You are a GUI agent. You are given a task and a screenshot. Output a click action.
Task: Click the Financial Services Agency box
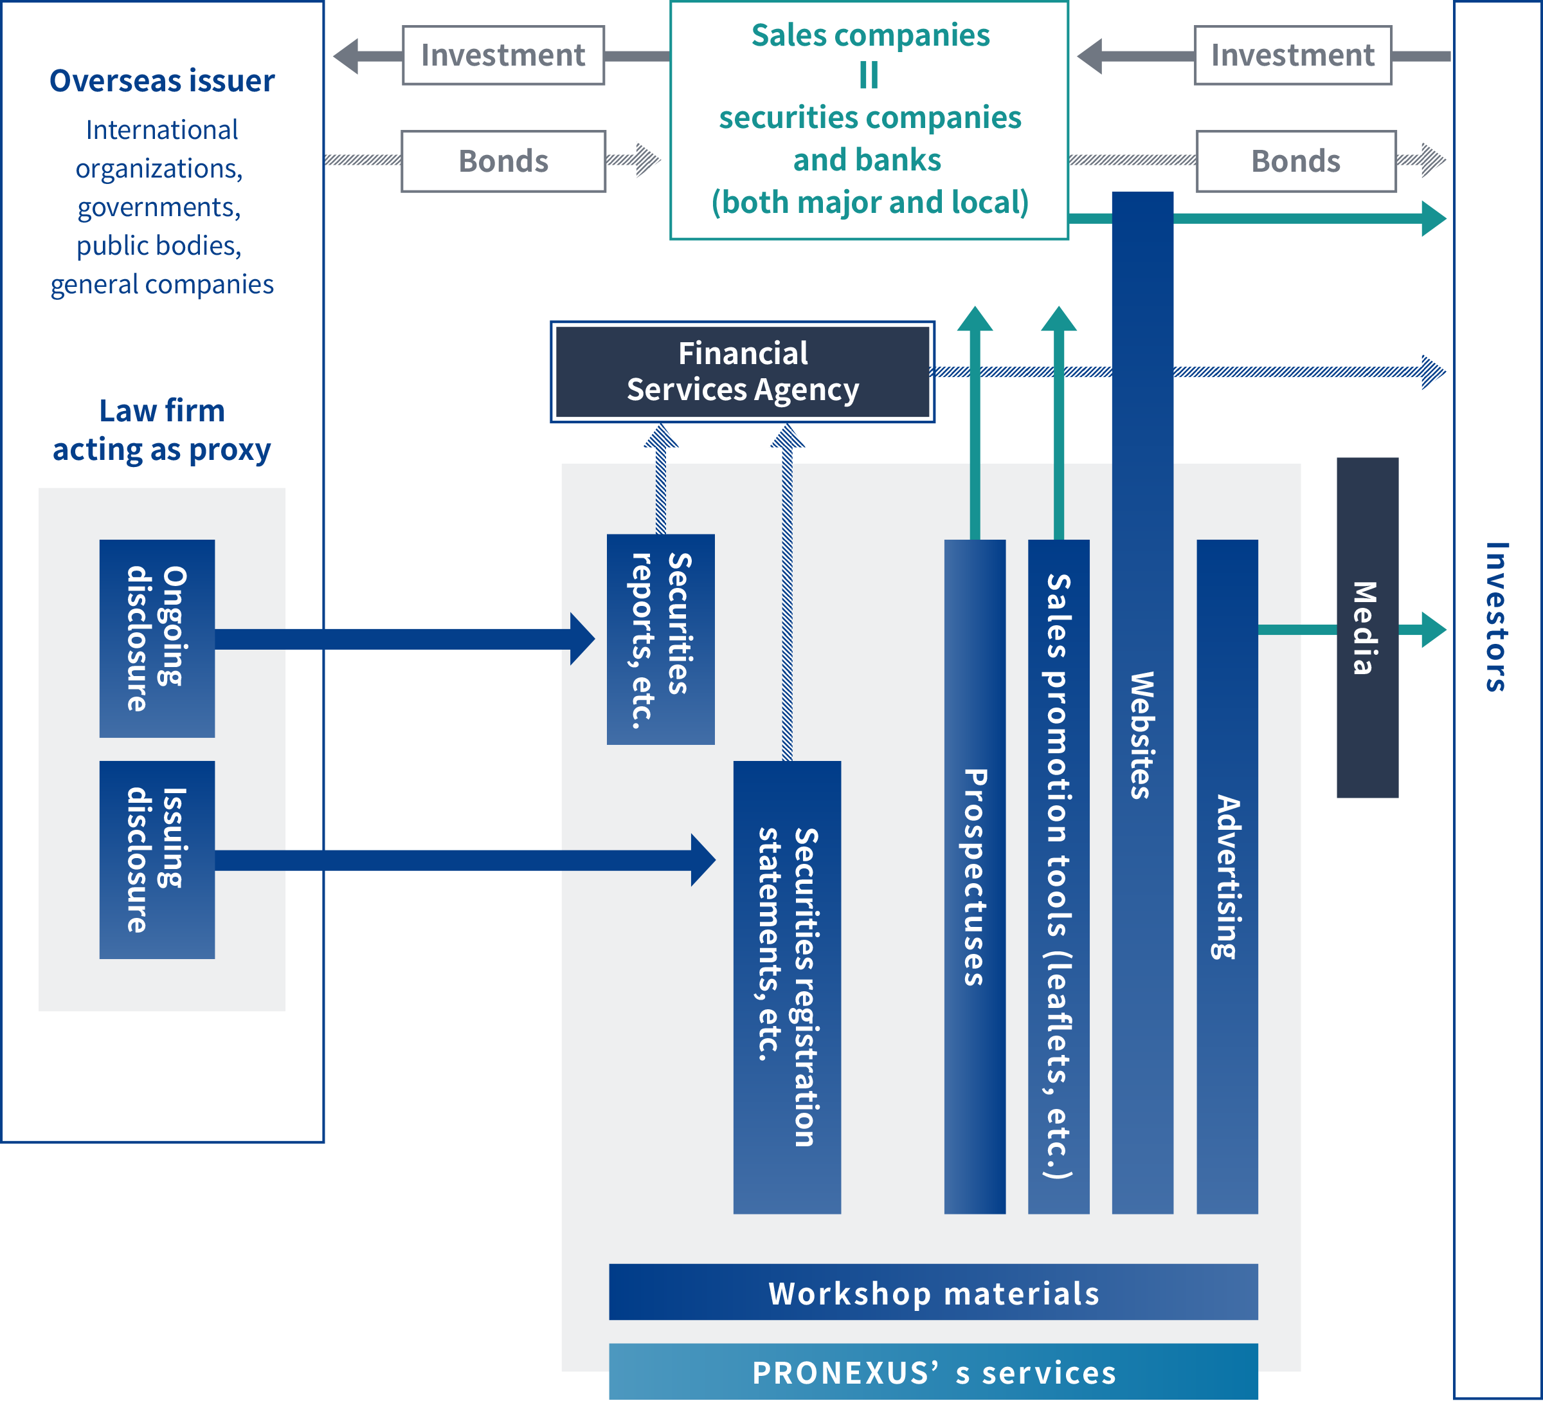point(743,372)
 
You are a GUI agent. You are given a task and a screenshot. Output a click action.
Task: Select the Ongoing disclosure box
point(157,639)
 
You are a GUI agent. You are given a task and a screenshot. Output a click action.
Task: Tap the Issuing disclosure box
point(157,860)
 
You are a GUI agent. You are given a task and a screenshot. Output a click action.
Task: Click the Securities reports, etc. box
point(660,639)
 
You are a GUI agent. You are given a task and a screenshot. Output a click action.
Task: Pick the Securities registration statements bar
point(787,987)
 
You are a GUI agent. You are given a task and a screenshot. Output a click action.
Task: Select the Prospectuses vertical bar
point(974,877)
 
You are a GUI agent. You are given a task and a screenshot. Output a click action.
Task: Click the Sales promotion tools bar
point(1058,877)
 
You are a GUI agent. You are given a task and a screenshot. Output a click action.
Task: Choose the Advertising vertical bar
point(1227,877)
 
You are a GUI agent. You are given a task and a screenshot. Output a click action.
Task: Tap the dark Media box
point(1367,628)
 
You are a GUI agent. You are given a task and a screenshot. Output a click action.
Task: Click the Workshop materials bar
point(933,1292)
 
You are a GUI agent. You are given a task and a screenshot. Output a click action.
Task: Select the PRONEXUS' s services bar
point(933,1372)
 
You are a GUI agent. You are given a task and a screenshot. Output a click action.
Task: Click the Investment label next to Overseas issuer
point(503,55)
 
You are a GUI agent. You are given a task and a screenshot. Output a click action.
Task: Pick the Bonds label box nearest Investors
point(1295,161)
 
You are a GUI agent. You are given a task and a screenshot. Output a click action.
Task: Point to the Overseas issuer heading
point(161,80)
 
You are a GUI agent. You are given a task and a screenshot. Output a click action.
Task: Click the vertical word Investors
point(1496,617)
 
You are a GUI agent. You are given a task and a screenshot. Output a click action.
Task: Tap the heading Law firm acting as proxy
point(161,430)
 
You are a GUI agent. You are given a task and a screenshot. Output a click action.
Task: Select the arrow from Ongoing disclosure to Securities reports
point(405,639)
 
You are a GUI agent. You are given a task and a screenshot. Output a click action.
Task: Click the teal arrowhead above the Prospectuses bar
point(974,318)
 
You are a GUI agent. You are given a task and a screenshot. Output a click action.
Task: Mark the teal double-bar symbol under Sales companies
point(869,75)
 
